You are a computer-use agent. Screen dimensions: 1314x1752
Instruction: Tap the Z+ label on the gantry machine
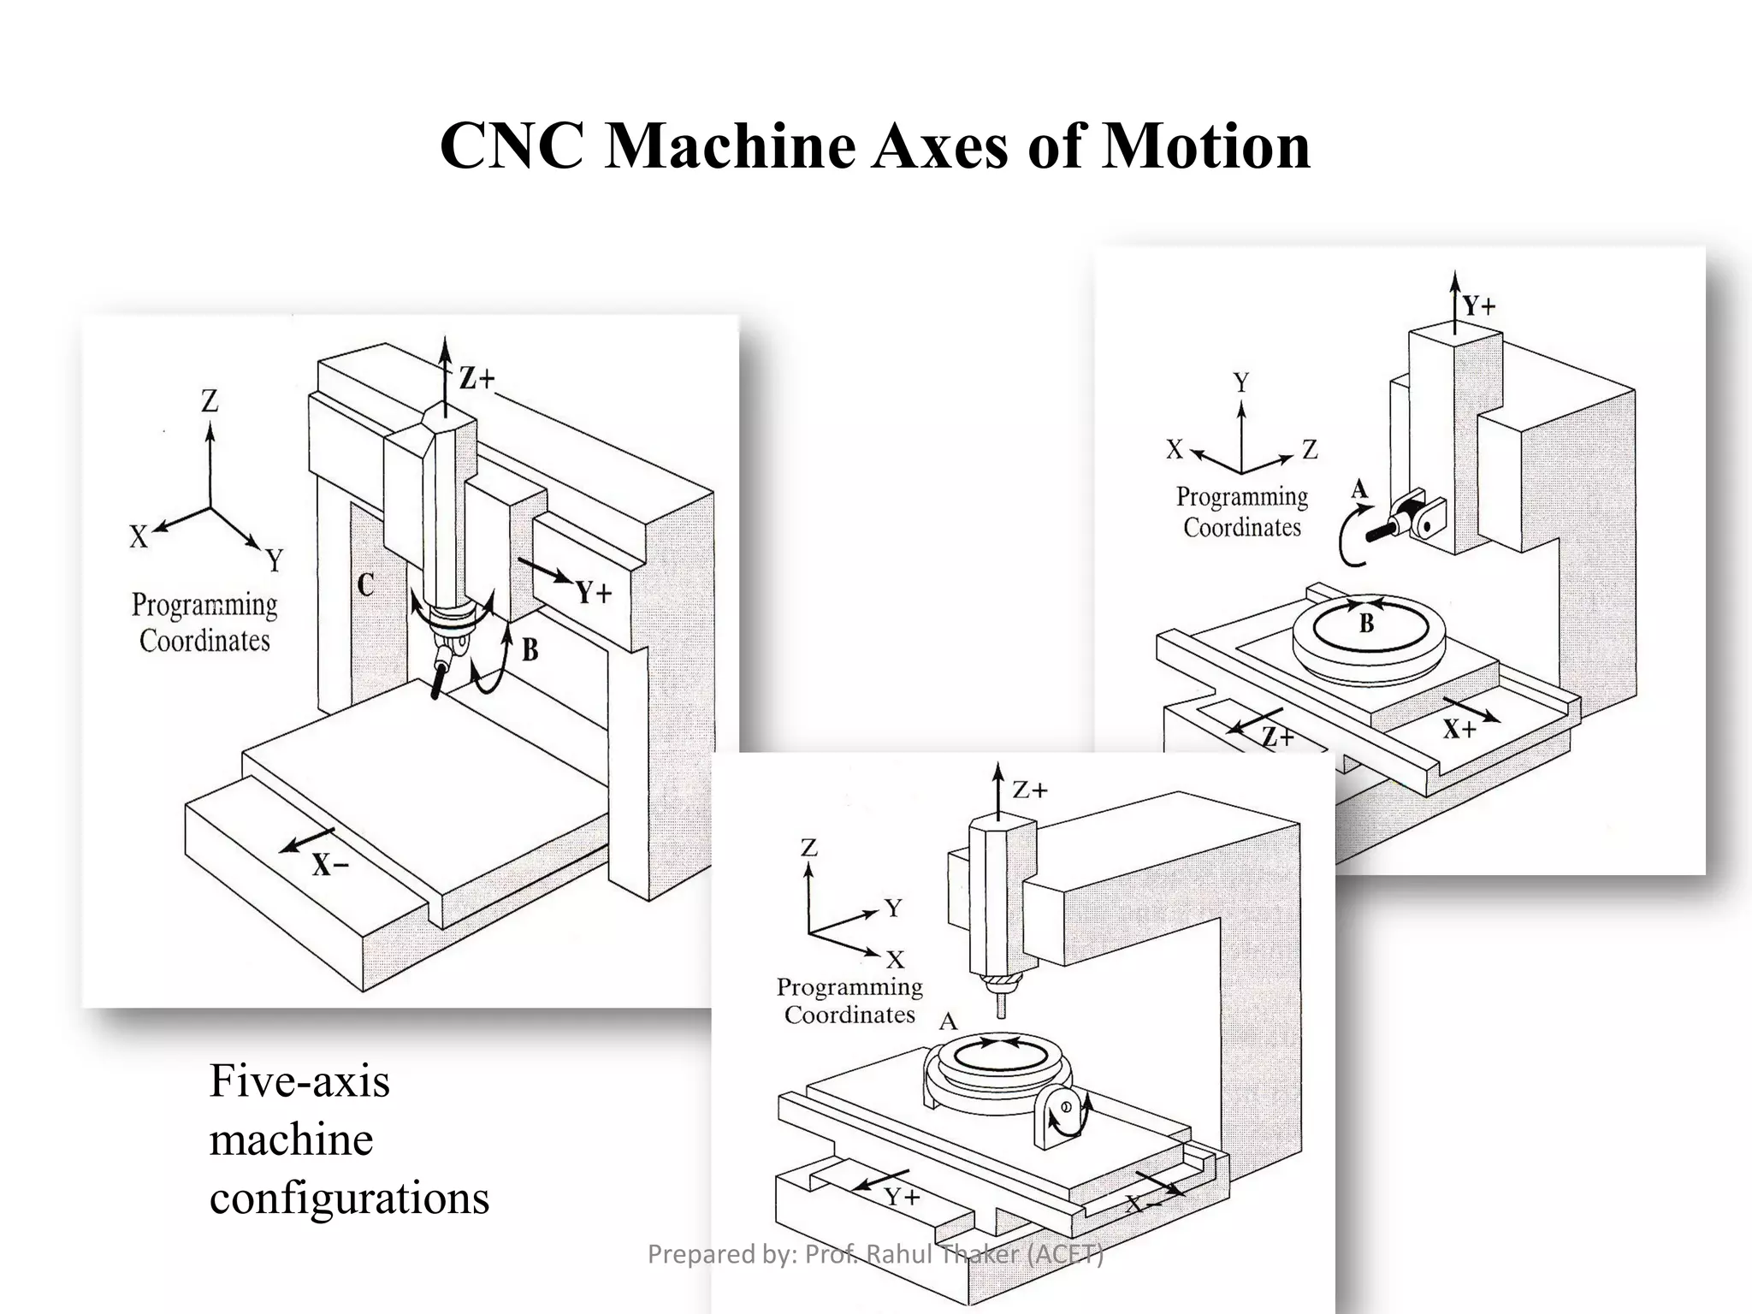(476, 378)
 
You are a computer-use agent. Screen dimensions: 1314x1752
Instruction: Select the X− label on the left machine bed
(329, 865)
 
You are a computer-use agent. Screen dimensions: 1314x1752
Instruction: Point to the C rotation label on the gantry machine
(365, 585)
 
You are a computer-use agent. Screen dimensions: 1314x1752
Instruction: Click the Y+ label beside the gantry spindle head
(593, 592)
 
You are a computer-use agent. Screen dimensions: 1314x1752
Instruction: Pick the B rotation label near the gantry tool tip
(530, 650)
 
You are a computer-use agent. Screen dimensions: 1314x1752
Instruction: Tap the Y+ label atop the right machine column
(1478, 305)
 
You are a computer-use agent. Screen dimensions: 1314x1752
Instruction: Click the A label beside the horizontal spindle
(1359, 490)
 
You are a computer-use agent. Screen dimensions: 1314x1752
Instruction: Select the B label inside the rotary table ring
(1366, 624)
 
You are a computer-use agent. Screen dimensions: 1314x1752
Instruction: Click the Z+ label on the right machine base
(1278, 737)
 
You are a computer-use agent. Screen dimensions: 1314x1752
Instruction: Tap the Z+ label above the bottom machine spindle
(1030, 790)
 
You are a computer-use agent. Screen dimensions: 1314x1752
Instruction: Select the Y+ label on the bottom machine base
(902, 1197)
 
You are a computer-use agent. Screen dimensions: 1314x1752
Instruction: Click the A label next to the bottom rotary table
(948, 1021)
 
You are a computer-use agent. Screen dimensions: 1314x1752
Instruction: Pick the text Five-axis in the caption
(299, 1080)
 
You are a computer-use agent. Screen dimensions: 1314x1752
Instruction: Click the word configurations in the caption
(349, 1197)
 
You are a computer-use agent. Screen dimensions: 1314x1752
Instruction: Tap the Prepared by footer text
(875, 1254)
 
